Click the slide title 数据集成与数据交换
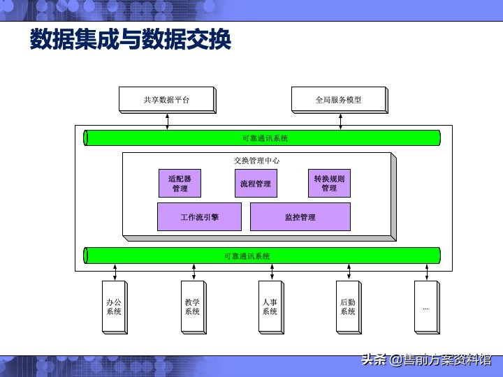[130, 39]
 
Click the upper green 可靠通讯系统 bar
[261, 138]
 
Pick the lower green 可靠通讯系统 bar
[261, 256]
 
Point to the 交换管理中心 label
[256, 161]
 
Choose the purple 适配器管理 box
[180, 183]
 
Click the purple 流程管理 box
[255, 184]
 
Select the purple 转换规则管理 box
[329, 183]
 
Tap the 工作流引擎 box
[199, 217]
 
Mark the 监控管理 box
[300, 217]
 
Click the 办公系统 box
[114, 306]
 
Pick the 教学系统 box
[192, 306]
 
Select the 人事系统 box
[270, 306]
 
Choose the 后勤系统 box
[347, 306]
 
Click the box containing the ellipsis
[425, 306]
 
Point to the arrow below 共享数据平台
[168, 121]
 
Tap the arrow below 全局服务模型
[340, 121]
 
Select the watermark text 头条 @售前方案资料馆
[425, 360]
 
